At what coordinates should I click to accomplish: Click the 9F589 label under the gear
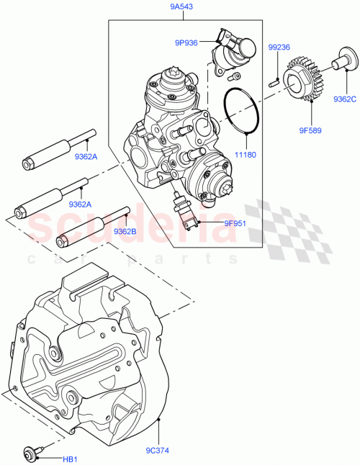point(311,130)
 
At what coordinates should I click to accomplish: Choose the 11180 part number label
point(246,154)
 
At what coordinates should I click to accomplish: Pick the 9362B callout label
point(126,231)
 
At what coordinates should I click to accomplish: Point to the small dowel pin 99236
point(274,81)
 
